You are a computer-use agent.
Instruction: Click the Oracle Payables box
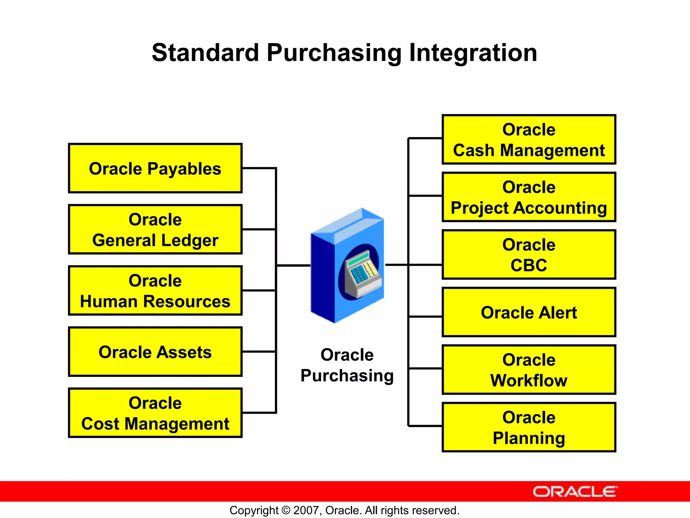(155, 168)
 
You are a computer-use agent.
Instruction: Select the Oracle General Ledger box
(155, 229)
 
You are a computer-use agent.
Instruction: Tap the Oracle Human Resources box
(155, 290)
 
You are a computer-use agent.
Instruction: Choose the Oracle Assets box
(155, 351)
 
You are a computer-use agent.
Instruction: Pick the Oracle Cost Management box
(155, 413)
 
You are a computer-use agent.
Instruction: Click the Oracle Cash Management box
(529, 139)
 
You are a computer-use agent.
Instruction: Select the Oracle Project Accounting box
(529, 197)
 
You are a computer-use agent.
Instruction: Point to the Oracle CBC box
(529, 255)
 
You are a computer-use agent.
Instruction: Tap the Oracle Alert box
(529, 312)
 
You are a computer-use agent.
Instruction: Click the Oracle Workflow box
(529, 370)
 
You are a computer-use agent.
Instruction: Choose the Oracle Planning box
(529, 427)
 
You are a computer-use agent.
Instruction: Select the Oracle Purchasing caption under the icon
(347, 365)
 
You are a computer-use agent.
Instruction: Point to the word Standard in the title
(205, 53)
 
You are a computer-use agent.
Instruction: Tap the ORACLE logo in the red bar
(575, 492)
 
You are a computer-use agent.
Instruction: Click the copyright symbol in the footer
(286, 510)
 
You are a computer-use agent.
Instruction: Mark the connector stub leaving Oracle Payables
(259, 168)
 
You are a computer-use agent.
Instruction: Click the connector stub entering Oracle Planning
(425, 426)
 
